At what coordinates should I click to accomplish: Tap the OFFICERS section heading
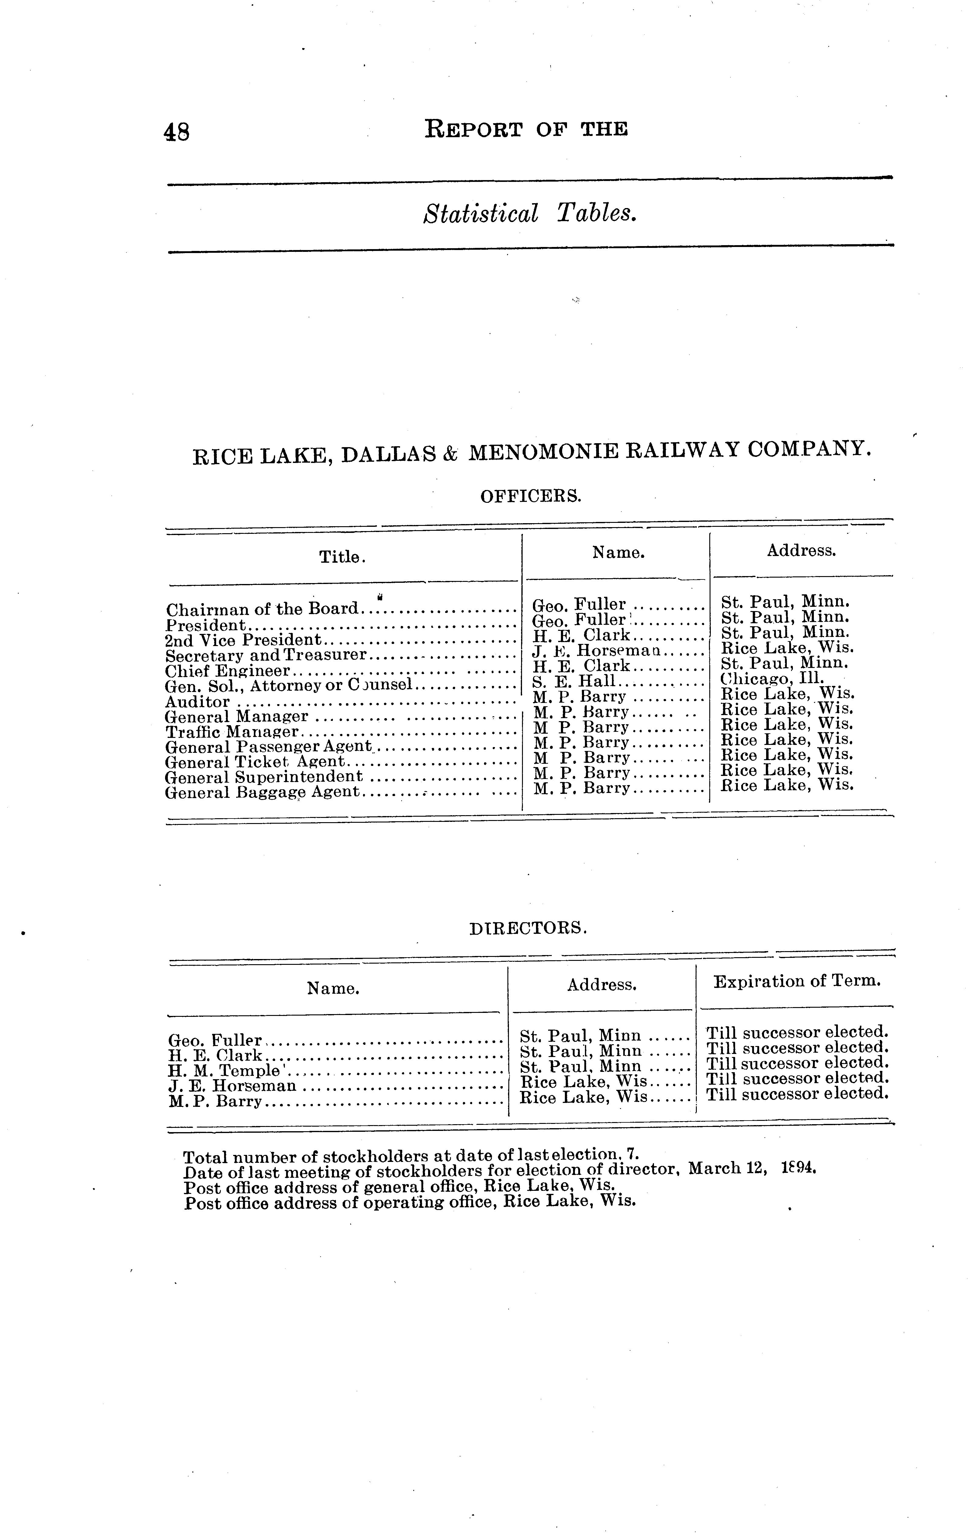coord(531,496)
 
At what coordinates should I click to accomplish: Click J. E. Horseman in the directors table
coord(232,1086)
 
